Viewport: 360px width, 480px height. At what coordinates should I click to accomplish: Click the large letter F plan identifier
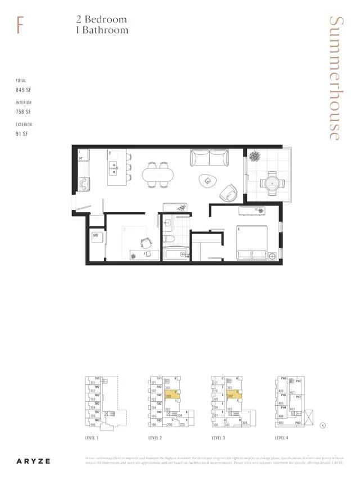click(20, 25)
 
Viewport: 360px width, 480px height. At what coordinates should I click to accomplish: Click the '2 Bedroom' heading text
click(102, 19)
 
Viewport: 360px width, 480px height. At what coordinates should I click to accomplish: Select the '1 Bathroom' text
click(102, 30)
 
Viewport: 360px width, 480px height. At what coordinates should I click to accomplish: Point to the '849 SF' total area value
click(24, 90)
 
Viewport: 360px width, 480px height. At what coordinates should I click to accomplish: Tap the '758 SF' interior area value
click(24, 112)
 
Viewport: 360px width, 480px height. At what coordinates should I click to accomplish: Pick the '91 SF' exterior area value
click(22, 134)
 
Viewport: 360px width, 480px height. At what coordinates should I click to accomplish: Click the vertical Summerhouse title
click(335, 78)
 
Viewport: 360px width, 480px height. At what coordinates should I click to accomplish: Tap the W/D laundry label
click(96, 235)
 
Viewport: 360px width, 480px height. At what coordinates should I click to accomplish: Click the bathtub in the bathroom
click(175, 255)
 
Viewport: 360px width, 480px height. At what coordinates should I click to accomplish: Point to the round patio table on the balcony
click(271, 182)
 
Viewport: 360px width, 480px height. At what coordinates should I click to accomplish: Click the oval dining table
click(158, 175)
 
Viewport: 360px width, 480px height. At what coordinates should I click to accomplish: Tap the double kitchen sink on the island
click(113, 166)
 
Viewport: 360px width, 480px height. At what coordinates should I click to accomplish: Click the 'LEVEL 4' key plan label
click(283, 437)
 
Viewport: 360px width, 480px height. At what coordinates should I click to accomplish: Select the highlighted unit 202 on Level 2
click(172, 396)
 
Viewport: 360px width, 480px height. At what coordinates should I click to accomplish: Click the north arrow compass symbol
click(322, 426)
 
